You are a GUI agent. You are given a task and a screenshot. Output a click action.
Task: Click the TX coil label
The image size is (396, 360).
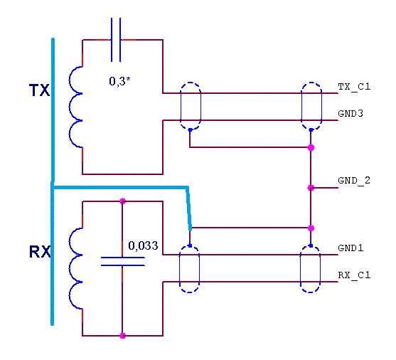click(x=39, y=90)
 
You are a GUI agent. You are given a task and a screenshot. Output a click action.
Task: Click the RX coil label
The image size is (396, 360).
click(x=40, y=252)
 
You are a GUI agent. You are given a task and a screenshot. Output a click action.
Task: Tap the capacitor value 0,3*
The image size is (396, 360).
click(x=119, y=81)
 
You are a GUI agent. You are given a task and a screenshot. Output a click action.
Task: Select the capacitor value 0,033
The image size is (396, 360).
click(x=143, y=245)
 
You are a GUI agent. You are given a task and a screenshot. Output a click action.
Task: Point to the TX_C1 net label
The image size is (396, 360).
click(x=354, y=87)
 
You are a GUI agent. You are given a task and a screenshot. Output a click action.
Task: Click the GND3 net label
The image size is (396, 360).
click(x=350, y=114)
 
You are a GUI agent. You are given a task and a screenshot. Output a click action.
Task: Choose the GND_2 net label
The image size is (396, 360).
click(x=354, y=181)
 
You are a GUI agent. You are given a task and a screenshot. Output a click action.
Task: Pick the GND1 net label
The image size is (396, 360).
click(x=350, y=248)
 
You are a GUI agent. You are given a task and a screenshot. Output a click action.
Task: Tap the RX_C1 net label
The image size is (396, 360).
click(x=354, y=275)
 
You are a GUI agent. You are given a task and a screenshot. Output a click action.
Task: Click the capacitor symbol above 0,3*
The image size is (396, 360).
click(x=116, y=40)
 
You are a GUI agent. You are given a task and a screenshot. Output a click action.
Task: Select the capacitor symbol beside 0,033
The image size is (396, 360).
click(x=123, y=261)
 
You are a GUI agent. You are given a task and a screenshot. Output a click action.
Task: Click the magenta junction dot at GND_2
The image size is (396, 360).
click(x=311, y=188)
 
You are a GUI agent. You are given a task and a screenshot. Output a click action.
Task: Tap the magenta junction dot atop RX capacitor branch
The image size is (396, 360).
click(x=123, y=201)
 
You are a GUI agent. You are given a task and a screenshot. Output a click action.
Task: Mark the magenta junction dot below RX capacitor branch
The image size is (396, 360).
click(x=123, y=336)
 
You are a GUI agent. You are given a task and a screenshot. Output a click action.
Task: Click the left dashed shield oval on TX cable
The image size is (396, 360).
click(x=181, y=106)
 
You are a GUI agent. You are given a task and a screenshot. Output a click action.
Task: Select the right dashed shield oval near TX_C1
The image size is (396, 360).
click(x=301, y=106)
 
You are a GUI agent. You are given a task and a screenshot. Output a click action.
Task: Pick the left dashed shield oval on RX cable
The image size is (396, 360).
click(x=179, y=269)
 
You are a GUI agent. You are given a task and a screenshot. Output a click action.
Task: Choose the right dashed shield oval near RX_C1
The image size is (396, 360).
click(x=301, y=269)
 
